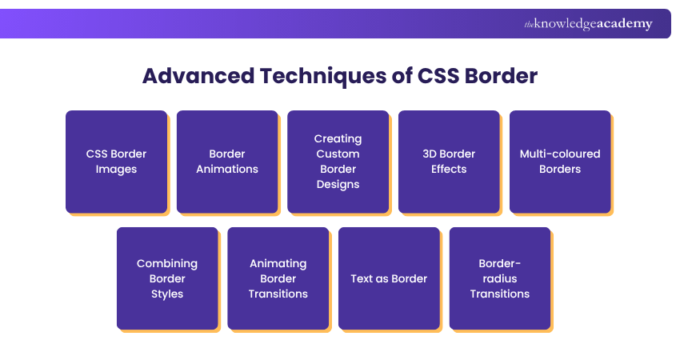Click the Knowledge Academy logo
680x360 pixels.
click(x=588, y=24)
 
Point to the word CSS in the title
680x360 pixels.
click(x=438, y=76)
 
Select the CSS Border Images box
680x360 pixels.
click(x=116, y=161)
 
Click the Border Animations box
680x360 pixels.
click(x=227, y=161)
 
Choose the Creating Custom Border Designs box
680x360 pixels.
click(x=338, y=161)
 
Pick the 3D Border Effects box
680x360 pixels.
click(x=449, y=161)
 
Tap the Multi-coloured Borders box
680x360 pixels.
click(x=560, y=161)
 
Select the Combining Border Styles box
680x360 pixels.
click(x=167, y=278)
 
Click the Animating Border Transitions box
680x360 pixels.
click(x=278, y=278)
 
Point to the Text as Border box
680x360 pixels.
click(x=389, y=278)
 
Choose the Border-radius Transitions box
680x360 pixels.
click(x=500, y=278)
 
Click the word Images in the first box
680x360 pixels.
click(x=116, y=169)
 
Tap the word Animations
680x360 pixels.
click(x=227, y=169)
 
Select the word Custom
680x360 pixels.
click(x=338, y=154)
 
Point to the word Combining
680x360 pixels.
click(x=167, y=263)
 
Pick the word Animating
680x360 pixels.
click(x=278, y=263)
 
